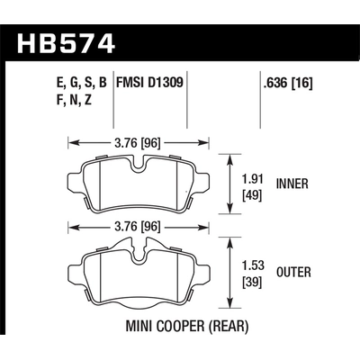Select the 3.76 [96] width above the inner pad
(139, 141)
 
